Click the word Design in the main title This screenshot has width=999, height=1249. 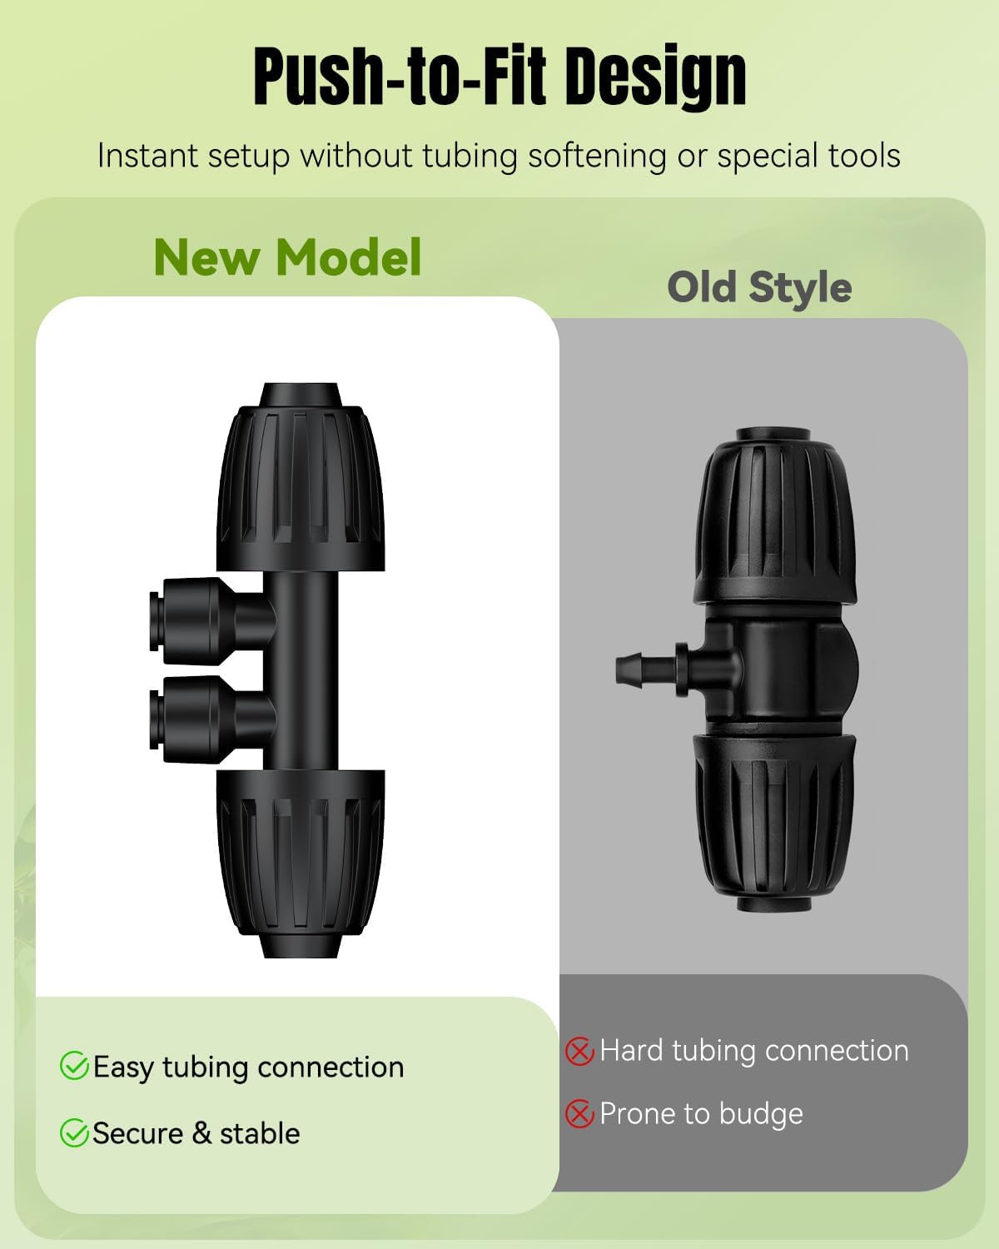click(x=655, y=77)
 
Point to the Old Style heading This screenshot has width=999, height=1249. click(x=759, y=287)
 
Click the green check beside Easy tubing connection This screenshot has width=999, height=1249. click(x=74, y=1066)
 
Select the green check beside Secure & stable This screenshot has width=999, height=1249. click(x=74, y=1132)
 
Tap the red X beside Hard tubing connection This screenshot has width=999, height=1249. click(x=579, y=1051)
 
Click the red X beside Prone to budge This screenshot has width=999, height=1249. click(x=579, y=1113)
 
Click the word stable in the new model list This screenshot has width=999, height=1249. click(x=260, y=1133)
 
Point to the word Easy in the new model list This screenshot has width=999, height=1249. click(x=123, y=1067)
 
